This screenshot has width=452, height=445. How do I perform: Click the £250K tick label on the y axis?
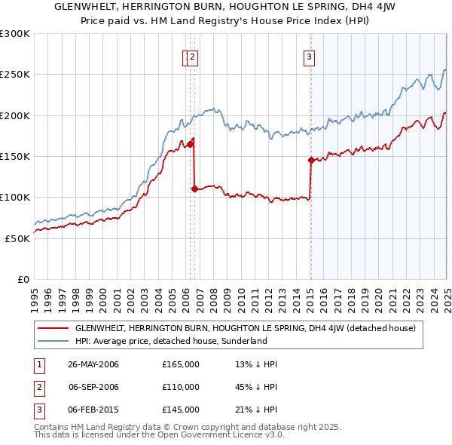(15, 75)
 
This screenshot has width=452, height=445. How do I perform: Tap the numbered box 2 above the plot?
(192, 56)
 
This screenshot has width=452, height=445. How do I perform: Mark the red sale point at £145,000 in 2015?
(311, 160)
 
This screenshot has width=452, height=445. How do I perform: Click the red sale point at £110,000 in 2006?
(194, 189)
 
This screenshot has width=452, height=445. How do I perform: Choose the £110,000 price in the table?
(180, 387)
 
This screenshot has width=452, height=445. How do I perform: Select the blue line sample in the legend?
(53, 341)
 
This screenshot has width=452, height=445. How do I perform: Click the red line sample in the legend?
(53, 328)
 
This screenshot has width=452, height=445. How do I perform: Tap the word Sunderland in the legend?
(243, 341)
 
